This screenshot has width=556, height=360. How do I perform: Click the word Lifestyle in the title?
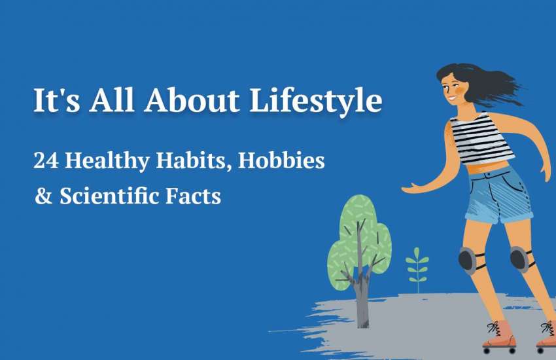316,101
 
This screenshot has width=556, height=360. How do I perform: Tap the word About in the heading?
192,100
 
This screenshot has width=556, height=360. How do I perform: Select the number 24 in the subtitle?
46,160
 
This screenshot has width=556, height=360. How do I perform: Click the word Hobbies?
281,160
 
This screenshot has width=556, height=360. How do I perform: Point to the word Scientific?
109,196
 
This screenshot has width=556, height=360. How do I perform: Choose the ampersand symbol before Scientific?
44,196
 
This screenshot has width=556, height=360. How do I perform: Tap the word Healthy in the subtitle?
107,160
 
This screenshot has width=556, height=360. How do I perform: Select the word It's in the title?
57,100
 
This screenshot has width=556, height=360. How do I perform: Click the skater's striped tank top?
481,138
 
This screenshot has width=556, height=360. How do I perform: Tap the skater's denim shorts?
499,194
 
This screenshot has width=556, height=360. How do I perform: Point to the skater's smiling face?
453,88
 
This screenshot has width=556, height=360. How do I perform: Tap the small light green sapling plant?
417,270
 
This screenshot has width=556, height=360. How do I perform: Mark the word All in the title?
112,100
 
